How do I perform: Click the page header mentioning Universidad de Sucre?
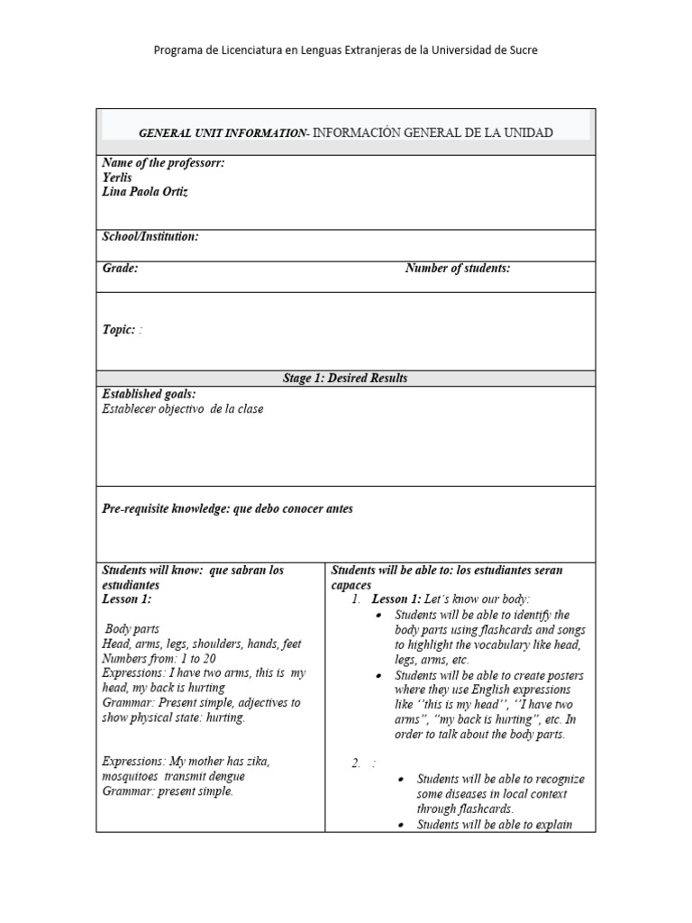pos(346,50)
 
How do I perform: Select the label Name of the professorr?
pos(163,163)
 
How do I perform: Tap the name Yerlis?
pos(117,178)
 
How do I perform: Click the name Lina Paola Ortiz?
pos(145,192)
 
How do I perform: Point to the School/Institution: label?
pos(150,237)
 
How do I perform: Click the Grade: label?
pos(120,269)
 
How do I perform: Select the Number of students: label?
pos(458,269)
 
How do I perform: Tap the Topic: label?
pos(119,330)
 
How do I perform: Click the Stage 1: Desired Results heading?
pos(345,378)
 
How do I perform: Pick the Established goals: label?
pos(149,394)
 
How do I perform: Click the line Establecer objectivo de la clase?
pos(183,408)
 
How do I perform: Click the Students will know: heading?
pos(153,571)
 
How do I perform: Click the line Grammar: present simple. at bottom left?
pos(168,790)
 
